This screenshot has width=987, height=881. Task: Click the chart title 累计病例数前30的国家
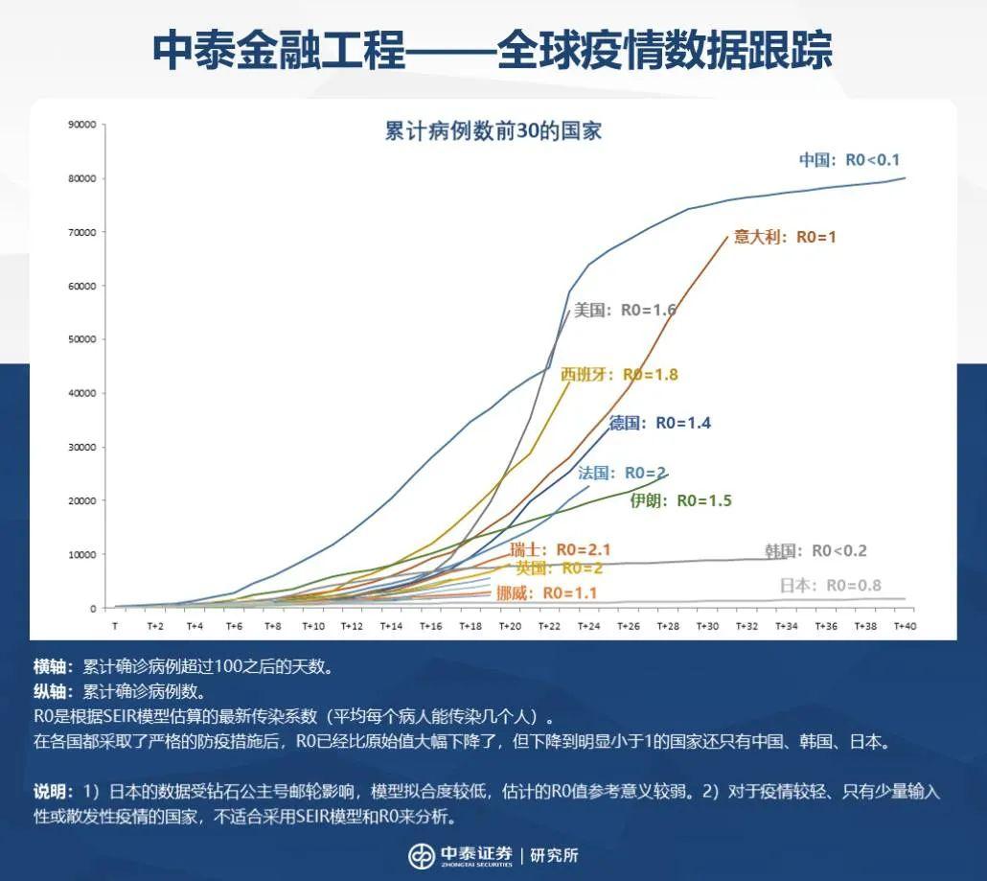[x=493, y=132]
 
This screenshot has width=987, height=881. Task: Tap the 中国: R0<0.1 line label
[x=850, y=160]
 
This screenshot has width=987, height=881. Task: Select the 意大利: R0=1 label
[x=785, y=237]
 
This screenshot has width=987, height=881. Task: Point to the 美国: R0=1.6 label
[x=625, y=310]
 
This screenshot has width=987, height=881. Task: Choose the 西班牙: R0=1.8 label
[x=619, y=374]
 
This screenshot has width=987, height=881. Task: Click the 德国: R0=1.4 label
[x=660, y=423]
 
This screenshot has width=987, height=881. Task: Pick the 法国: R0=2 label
[x=623, y=473]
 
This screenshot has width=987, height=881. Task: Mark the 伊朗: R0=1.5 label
[x=680, y=500]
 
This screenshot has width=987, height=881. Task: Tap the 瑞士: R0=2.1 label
[x=561, y=550]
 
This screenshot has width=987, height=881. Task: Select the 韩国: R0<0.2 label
[x=815, y=550]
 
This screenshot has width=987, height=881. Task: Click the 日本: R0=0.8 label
[x=830, y=586]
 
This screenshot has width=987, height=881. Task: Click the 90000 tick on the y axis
[x=82, y=125]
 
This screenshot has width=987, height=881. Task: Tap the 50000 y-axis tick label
[x=82, y=339]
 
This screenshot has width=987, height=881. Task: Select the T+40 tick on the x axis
[x=905, y=626]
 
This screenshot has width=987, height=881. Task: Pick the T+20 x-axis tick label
[x=510, y=626]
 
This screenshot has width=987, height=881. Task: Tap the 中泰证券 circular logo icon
[x=422, y=855]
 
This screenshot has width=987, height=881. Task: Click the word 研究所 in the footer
[x=555, y=855]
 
